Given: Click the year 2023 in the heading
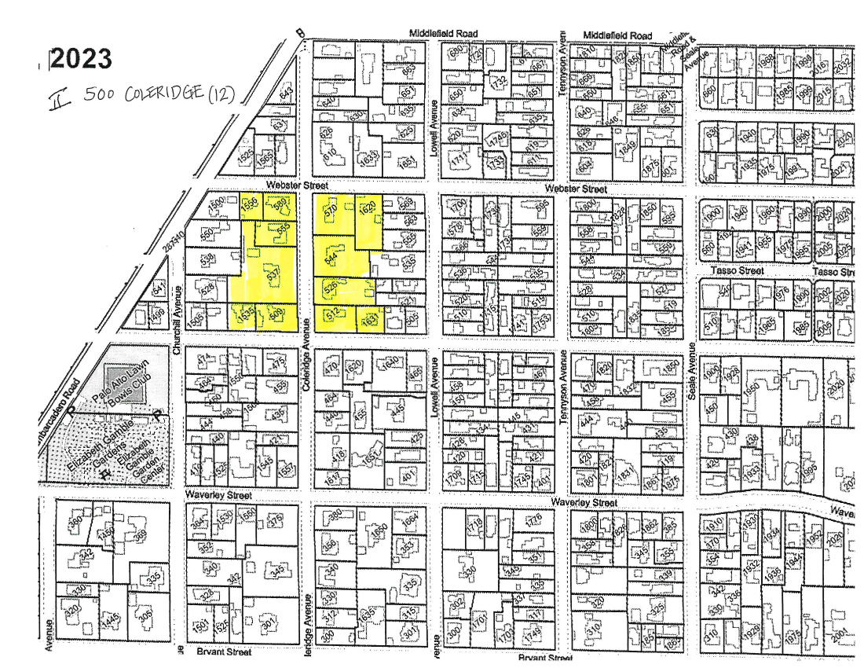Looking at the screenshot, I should pos(80,59).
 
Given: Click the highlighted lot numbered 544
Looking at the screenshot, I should pos(331,257).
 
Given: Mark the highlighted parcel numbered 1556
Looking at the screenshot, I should pos(250,205).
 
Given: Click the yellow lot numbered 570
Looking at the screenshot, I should pos(331,210).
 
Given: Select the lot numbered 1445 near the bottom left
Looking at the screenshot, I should pos(112,620).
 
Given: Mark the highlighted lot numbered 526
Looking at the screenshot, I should pos(331,286).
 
